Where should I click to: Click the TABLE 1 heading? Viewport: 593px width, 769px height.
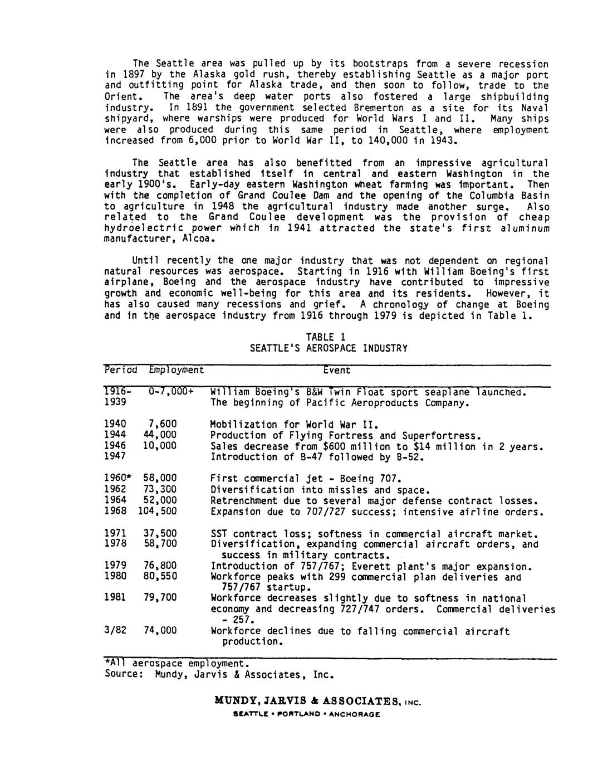[x=329, y=337]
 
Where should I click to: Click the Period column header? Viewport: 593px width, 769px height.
[x=120, y=370]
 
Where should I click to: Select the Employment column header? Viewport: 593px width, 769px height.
[x=176, y=370]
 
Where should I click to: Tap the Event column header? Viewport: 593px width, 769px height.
[x=337, y=370]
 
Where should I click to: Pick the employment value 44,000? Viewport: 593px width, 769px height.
[x=160, y=435]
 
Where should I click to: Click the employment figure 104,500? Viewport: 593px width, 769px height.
[x=157, y=512]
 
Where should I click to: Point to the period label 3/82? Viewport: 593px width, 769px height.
[x=115, y=631]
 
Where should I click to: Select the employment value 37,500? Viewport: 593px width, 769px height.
[x=160, y=533]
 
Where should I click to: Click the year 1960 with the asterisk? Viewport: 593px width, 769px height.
[x=117, y=479]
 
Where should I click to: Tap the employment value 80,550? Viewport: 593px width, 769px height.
[x=160, y=576]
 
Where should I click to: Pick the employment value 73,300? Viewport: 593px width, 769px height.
[x=160, y=490]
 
